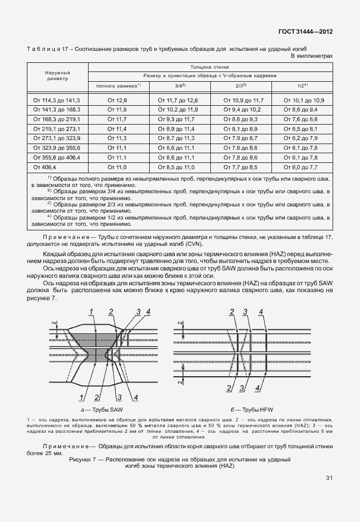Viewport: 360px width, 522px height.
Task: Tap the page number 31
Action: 329,478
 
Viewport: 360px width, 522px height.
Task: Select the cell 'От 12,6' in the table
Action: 117,100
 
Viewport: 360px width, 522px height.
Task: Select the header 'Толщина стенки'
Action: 209,67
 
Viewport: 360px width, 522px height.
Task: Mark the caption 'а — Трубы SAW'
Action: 102,411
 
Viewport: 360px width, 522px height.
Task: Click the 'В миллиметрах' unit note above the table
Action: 311,57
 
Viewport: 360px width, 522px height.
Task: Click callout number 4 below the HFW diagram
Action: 258,388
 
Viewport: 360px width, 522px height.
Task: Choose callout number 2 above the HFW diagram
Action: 231,312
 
